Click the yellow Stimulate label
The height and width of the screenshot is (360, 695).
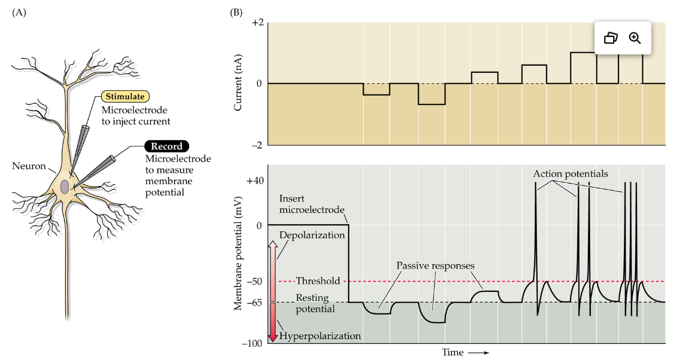(124, 96)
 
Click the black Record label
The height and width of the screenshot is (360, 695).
(166, 146)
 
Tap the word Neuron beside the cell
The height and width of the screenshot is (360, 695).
(29, 166)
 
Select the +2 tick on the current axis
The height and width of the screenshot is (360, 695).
(257, 23)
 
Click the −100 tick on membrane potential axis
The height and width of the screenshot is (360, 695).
(253, 343)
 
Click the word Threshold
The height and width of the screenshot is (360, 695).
(318, 281)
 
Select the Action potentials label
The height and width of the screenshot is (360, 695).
(571, 174)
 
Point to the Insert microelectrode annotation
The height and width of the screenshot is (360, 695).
(312, 203)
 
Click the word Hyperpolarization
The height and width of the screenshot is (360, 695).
(320, 336)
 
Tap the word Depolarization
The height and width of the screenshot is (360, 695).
(312, 235)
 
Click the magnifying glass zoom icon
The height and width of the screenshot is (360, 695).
(635, 38)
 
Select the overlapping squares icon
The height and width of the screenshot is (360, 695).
(610, 38)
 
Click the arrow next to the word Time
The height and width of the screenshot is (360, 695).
(478, 353)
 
